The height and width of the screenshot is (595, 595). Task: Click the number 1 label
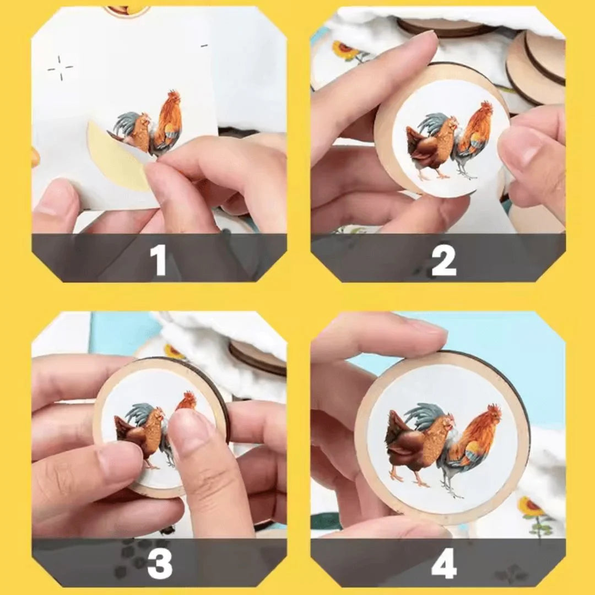159,260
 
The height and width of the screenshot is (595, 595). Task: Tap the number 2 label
444,260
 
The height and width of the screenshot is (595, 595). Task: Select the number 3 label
159,564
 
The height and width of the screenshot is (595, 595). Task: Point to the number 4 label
444,564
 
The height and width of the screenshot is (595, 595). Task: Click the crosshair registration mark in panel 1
60,68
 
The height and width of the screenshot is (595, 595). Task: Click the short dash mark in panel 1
204,45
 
